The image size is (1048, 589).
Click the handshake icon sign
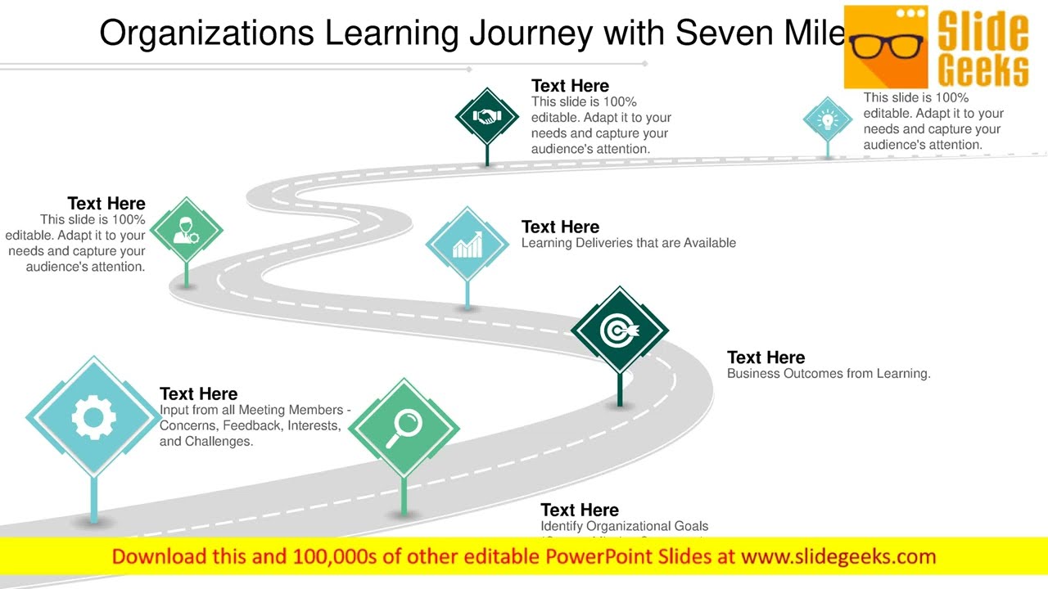click(x=487, y=117)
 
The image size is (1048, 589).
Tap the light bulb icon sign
click(x=828, y=120)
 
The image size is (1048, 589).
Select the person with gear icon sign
click(x=187, y=230)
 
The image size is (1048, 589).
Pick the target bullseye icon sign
click(x=620, y=330)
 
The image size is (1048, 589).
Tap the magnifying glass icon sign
click(x=404, y=427)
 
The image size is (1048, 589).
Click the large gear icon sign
click(x=93, y=418)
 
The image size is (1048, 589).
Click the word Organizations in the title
click(x=206, y=33)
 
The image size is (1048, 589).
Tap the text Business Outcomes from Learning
click(x=829, y=374)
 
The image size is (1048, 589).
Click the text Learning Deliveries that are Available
click(x=628, y=243)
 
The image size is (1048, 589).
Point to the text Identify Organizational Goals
click(x=624, y=526)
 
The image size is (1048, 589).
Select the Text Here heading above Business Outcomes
click(x=766, y=357)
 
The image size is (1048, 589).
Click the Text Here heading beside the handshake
click(x=570, y=86)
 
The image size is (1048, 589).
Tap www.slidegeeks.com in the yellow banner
click(x=838, y=557)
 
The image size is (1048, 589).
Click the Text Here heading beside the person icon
click(x=106, y=204)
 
